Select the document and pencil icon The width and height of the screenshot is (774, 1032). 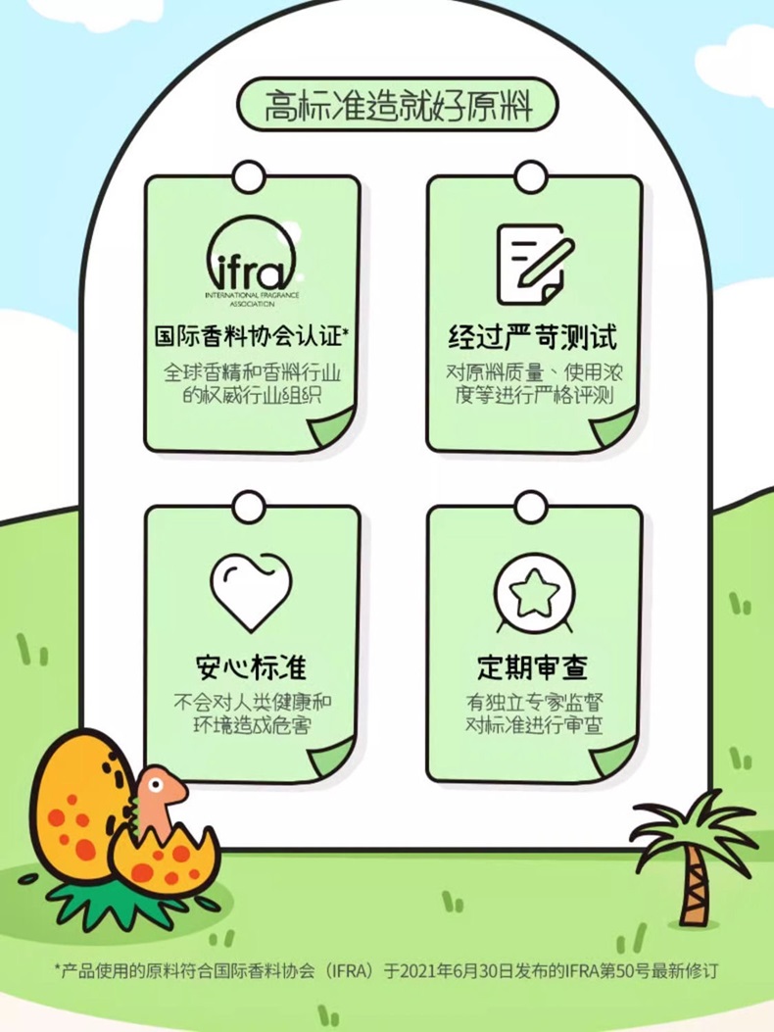(533, 264)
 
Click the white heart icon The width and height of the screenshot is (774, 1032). (252, 591)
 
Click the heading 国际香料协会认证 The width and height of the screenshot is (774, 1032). (252, 337)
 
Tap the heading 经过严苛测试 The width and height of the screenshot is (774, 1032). (534, 338)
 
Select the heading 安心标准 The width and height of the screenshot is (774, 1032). (252, 667)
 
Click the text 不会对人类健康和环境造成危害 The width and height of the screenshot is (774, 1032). (252, 714)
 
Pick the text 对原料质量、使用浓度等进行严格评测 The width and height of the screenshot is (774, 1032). (534, 384)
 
